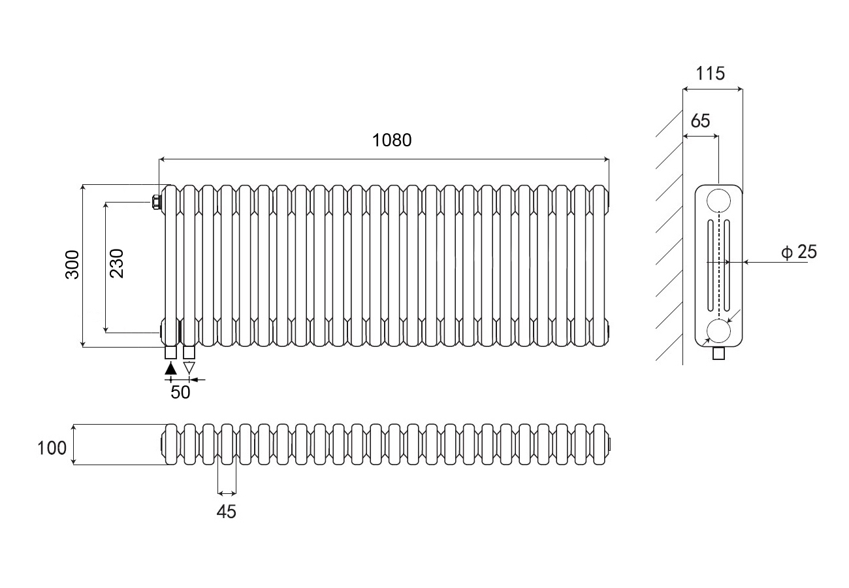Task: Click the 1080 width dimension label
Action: [x=392, y=140]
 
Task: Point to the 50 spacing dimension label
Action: [x=180, y=392]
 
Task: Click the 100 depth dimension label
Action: [x=52, y=448]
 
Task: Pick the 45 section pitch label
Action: [x=226, y=512]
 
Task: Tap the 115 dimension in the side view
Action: [x=710, y=73]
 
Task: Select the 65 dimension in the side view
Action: [x=699, y=121]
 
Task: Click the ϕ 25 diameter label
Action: [x=799, y=252]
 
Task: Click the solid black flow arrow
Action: [x=171, y=368]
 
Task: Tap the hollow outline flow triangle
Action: [x=189, y=368]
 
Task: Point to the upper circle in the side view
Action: [x=718, y=199]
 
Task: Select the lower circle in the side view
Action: [x=718, y=331]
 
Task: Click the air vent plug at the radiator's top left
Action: [x=157, y=201]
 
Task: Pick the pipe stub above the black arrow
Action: [x=171, y=353]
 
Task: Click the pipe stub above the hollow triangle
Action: [x=189, y=353]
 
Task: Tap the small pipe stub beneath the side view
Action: [x=719, y=353]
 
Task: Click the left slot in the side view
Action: [x=709, y=267]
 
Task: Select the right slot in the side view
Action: [x=727, y=267]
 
